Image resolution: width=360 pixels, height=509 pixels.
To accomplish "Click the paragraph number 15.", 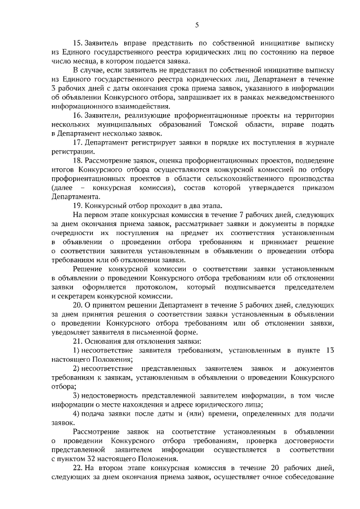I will pos(78,43).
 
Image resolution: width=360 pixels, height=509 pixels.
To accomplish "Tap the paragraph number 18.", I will pos(78,161).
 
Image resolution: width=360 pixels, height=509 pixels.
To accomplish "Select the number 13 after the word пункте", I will pos(331,350).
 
